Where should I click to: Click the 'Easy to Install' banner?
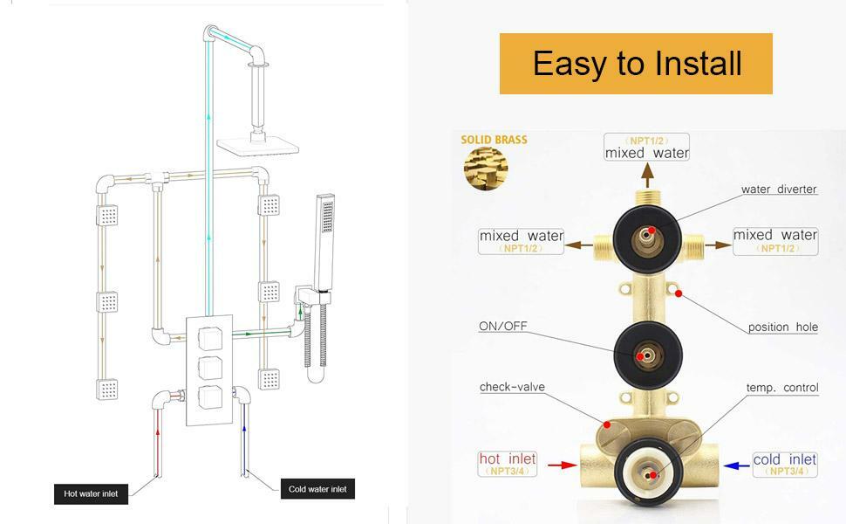(636, 64)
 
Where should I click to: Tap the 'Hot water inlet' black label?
(92, 493)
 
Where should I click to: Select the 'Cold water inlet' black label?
(317, 489)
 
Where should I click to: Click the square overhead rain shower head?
(258, 144)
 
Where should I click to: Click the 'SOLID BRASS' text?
(494, 140)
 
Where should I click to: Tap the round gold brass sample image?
(486, 169)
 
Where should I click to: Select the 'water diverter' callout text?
(779, 189)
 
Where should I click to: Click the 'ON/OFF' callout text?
(503, 327)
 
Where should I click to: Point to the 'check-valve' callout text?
(512, 387)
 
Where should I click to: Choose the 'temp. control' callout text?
(782, 388)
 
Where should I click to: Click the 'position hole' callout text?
(783, 327)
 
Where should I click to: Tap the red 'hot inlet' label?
(508, 459)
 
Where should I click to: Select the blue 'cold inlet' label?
(784, 459)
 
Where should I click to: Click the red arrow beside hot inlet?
(563, 465)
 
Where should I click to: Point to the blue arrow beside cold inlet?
(736, 465)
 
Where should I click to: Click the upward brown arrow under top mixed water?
(648, 176)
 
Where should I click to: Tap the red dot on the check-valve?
(607, 424)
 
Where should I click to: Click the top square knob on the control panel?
(209, 339)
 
